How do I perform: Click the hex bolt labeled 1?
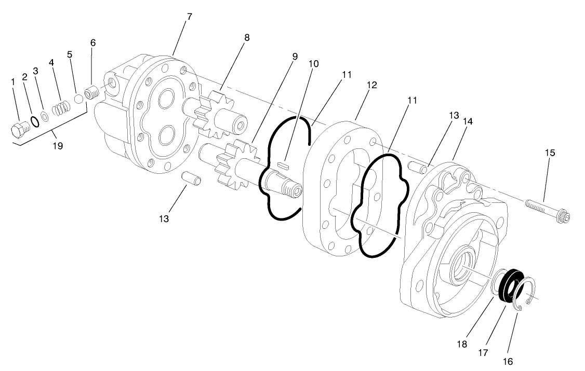(19, 130)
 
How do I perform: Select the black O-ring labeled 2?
(34, 121)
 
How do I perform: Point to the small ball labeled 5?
(79, 99)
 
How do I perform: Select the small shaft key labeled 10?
(283, 164)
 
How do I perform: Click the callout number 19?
(58, 146)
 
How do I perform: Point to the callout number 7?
(189, 17)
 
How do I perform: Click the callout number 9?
(295, 56)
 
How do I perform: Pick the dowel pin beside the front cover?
(418, 167)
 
